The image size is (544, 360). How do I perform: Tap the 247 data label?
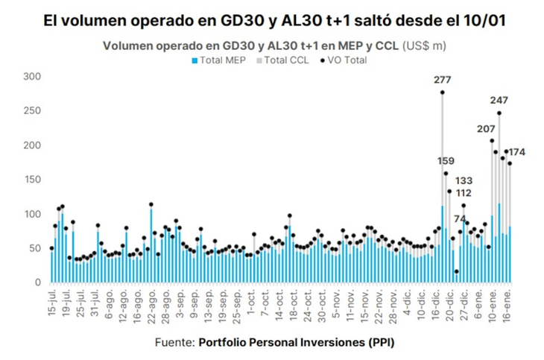499,100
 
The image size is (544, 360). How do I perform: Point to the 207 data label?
486,128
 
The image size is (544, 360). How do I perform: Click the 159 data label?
445,161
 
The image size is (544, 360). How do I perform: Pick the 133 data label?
464,180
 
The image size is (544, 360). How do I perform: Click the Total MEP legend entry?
222,60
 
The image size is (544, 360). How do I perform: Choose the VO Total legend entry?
344,60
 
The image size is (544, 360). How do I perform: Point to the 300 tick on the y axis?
32,76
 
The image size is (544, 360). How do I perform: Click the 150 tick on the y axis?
32,180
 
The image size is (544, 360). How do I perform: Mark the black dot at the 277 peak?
442,92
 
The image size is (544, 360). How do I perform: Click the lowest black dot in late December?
456,271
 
